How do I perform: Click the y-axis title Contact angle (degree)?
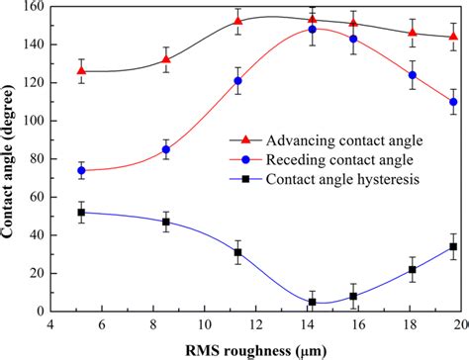point(13,158)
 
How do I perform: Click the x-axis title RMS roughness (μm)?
point(259,347)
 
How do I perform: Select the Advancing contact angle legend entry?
point(327,140)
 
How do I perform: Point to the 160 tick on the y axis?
point(33,7)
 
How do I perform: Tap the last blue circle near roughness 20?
point(454,102)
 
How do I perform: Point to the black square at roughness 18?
point(413,269)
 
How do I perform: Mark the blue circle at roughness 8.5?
point(166,149)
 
